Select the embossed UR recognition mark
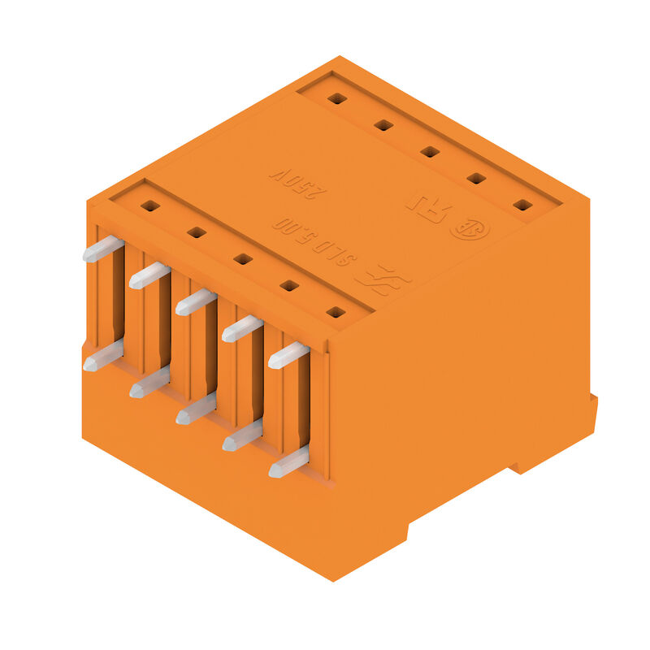[x=427, y=208]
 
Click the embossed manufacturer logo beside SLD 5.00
[x=383, y=279]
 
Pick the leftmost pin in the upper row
[x=102, y=249]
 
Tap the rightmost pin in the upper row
[x=288, y=355]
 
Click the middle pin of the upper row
[x=196, y=302]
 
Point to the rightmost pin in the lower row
[x=288, y=462]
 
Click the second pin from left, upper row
[x=149, y=275]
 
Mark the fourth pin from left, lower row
[x=242, y=435]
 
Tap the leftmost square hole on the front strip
[x=149, y=206]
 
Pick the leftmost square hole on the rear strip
[x=337, y=98]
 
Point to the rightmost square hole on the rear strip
[x=522, y=205]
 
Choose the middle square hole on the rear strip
[x=430, y=152]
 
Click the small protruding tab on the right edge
[x=593, y=406]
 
